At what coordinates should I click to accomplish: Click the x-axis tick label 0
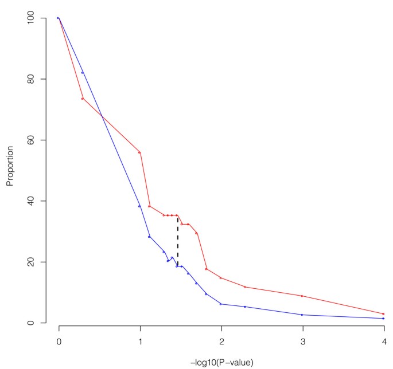(x=59, y=341)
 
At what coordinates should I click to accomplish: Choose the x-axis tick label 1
(x=140, y=341)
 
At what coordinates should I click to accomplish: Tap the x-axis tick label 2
(x=221, y=341)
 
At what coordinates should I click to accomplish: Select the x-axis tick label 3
(x=302, y=341)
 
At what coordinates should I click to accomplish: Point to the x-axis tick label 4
(x=384, y=341)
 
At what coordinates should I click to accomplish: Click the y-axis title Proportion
(x=10, y=170)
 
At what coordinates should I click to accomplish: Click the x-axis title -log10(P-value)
(x=221, y=362)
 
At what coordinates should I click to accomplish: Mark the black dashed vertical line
(x=178, y=241)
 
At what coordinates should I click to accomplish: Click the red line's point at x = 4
(x=383, y=314)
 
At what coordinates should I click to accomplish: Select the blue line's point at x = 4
(x=383, y=319)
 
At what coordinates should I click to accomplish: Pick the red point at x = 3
(x=302, y=296)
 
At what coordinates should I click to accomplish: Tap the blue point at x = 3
(x=302, y=315)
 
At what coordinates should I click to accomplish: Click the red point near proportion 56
(x=139, y=152)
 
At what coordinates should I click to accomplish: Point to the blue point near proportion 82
(x=83, y=72)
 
